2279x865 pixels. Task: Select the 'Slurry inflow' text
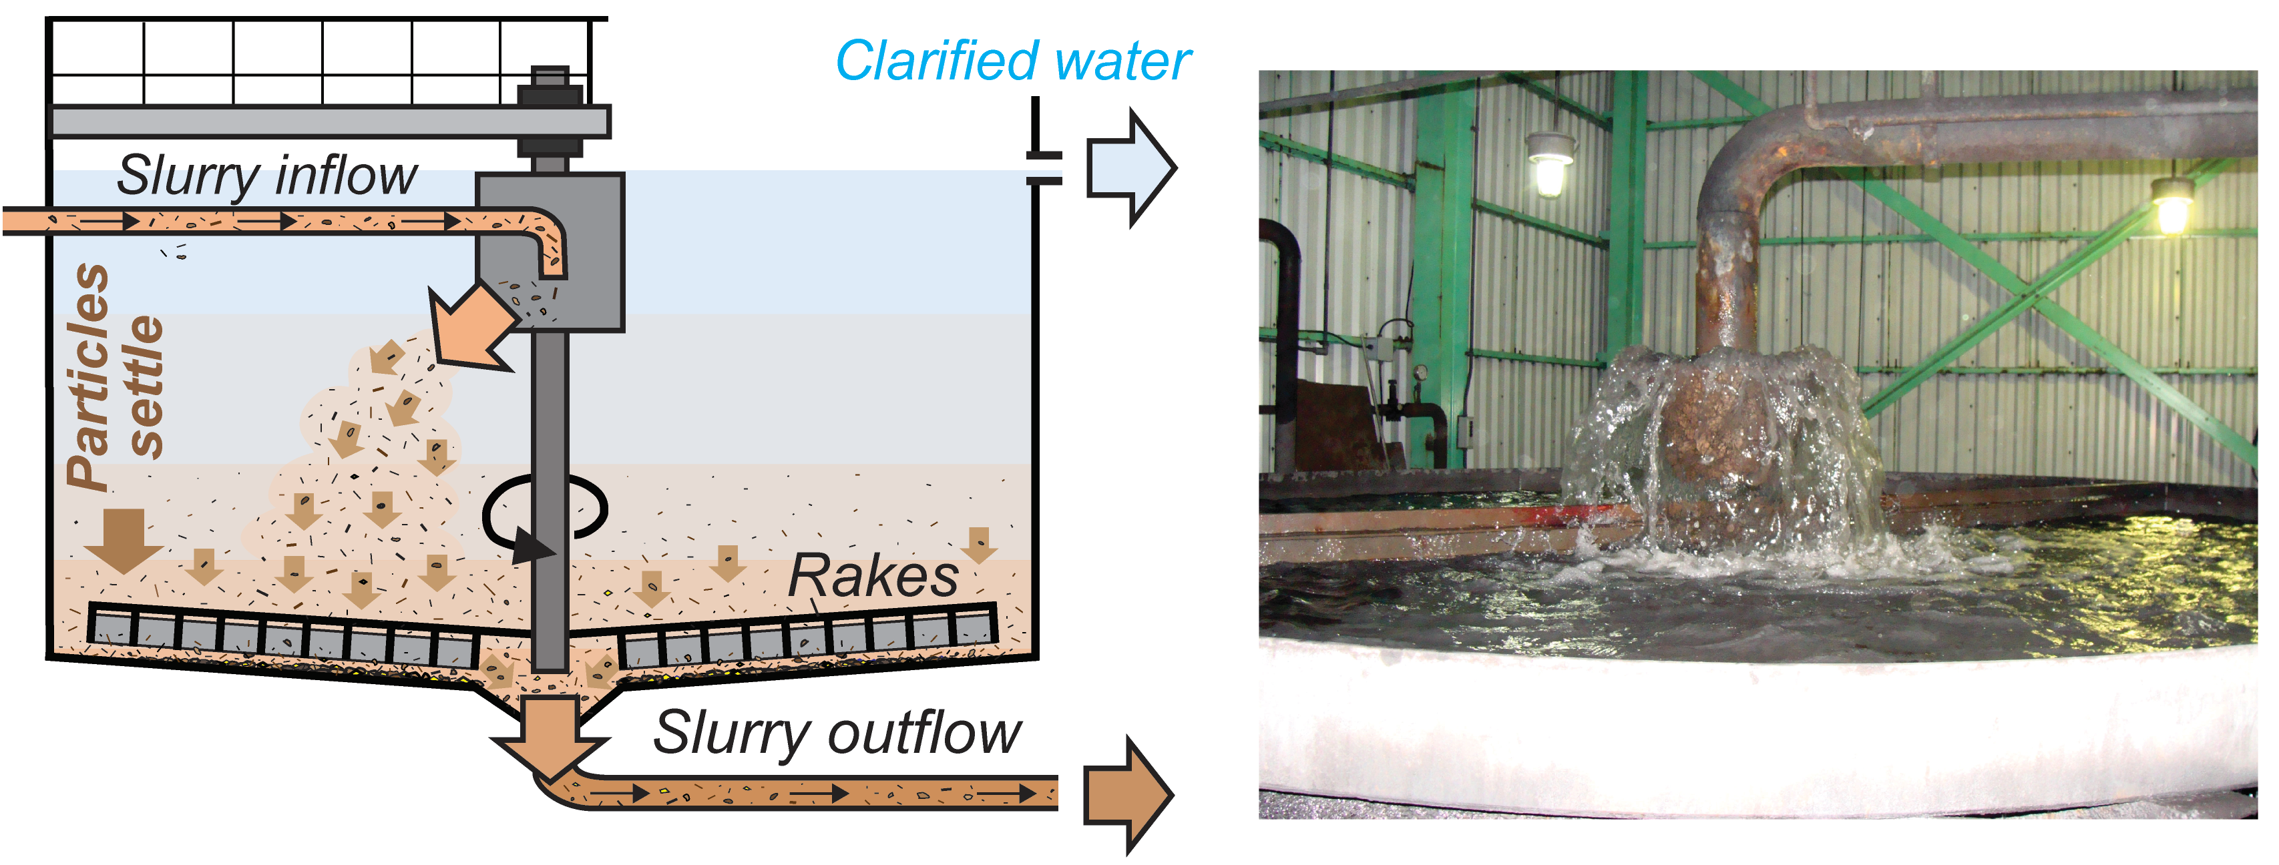coord(266,175)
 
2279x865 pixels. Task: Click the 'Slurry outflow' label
coord(836,732)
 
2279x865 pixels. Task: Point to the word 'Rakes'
coord(872,577)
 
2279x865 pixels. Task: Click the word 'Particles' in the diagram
coord(88,376)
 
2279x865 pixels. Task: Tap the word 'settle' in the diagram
coord(146,386)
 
